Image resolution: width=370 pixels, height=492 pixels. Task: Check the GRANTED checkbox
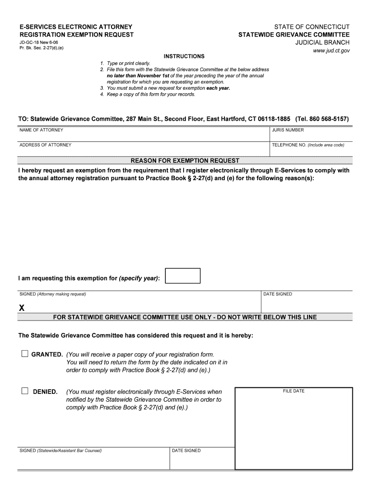[x=25, y=354]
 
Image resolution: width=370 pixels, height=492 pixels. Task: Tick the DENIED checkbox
[x=25, y=391]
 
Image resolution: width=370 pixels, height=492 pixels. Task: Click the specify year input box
[x=182, y=276]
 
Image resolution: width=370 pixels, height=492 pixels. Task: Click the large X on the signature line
[x=22, y=308]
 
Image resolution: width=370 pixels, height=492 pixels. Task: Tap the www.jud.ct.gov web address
[x=331, y=50]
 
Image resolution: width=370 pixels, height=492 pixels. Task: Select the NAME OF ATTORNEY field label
[x=41, y=130]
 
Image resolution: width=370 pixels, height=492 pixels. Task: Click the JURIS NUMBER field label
[x=288, y=130]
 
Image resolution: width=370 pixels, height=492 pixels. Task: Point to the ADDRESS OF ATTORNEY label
[x=45, y=145]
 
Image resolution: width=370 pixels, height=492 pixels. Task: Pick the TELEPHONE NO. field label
[x=308, y=145]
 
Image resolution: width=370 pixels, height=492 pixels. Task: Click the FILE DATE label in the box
[x=294, y=391]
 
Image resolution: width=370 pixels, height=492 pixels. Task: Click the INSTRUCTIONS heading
[x=184, y=56]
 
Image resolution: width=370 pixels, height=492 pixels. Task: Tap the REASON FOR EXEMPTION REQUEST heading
[x=185, y=160]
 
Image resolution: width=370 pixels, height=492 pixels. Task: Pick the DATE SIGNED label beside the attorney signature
[x=277, y=294]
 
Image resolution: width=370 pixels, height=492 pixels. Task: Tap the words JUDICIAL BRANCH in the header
[x=322, y=43]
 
